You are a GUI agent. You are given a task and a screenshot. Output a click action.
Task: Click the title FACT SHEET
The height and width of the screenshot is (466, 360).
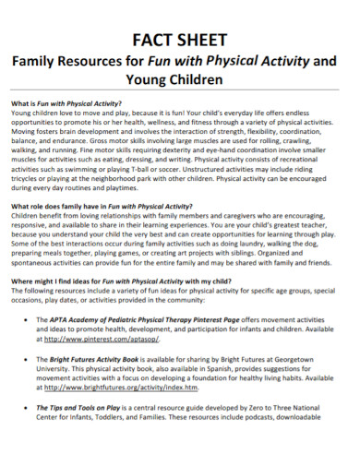click(179, 40)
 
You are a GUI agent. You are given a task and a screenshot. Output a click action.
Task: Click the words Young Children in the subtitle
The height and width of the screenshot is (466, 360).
click(179, 80)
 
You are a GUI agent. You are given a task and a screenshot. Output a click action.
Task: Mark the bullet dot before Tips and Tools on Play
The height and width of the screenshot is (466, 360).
click(26, 434)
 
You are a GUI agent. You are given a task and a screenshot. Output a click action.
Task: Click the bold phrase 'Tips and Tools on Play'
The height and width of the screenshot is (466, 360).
click(91, 434)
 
